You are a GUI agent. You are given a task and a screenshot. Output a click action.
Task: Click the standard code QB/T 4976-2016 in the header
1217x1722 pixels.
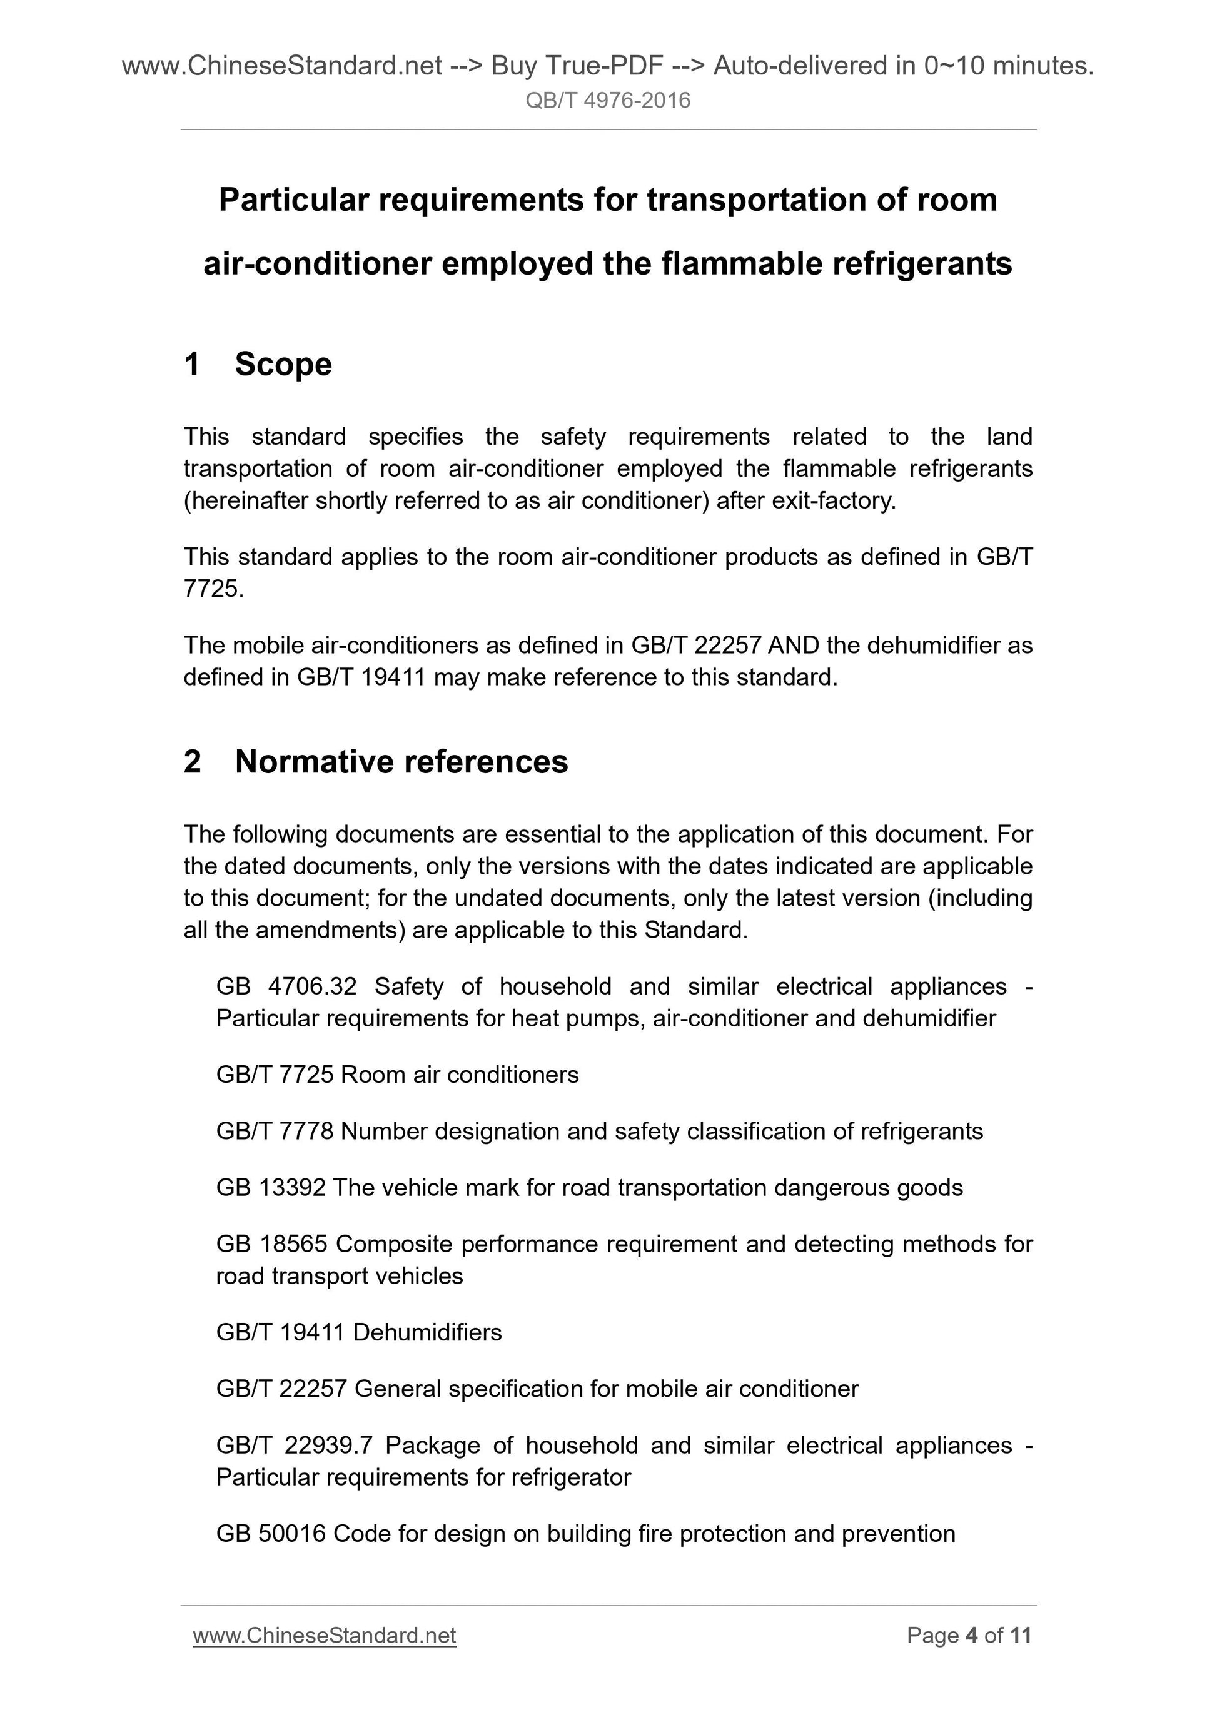(x=607, y=101)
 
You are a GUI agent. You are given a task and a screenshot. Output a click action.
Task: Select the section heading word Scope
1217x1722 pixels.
(x=283, y=365)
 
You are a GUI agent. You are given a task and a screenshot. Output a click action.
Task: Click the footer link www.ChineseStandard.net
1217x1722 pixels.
(x=324, y=1636)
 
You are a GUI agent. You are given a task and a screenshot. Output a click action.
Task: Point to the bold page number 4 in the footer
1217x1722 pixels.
(x=971, y=1636)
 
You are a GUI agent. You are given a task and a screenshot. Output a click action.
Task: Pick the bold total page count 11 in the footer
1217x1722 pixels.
(x=1021, y=1636)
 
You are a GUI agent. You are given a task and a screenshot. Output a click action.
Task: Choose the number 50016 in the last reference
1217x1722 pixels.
(x=293, y=1534)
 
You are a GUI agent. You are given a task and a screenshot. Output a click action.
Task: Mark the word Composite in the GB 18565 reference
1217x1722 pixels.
(x=395, y=1244)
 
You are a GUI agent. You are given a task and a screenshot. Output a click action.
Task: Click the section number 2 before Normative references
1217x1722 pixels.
(x=193, y=762)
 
